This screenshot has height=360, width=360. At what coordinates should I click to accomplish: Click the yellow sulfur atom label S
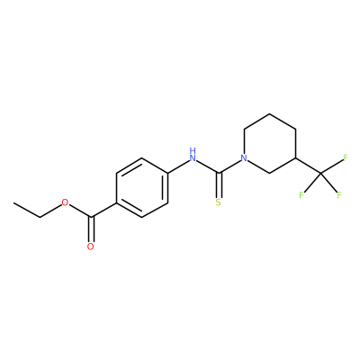pos(219,202)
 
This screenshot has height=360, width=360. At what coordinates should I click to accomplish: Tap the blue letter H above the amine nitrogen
pos(193,150)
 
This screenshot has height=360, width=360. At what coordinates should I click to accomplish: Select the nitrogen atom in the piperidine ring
pos(245,158)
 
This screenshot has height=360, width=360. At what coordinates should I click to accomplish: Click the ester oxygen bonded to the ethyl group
pos(65,202)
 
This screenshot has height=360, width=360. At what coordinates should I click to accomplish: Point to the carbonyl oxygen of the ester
pos(91,247)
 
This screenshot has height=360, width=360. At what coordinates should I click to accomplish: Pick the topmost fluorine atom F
pos(346,157)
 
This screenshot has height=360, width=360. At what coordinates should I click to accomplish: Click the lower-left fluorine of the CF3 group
pos(301,195)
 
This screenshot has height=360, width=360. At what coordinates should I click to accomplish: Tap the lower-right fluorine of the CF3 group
pos(339,195)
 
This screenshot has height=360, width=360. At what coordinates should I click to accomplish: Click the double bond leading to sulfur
pos(219,185)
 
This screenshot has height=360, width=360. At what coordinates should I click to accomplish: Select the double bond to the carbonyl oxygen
pos(91,229)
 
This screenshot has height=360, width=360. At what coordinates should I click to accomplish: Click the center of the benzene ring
pos(141,188)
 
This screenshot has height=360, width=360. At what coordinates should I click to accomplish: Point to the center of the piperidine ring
pos(270,143)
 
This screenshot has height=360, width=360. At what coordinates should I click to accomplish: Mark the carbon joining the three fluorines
pos(320,173)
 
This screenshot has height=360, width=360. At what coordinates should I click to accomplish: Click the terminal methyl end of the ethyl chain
pos(13,202)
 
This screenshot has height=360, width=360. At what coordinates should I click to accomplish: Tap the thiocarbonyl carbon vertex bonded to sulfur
pos(219,173)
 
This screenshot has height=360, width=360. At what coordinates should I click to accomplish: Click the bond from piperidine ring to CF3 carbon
pos(308,166)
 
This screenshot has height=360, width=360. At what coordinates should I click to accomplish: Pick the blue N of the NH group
pos(193,158)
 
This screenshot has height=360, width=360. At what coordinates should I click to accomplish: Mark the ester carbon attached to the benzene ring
pos(91,217)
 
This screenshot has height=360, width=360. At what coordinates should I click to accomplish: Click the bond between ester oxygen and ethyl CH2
pos(50,211)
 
